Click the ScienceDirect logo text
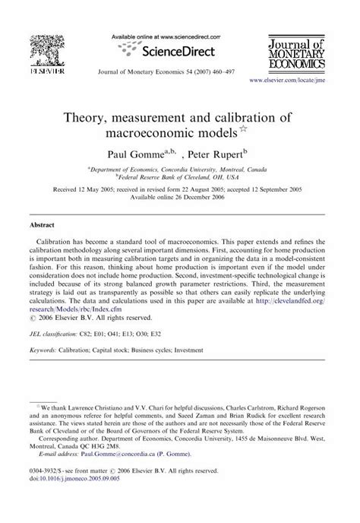[x=174, y=51]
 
